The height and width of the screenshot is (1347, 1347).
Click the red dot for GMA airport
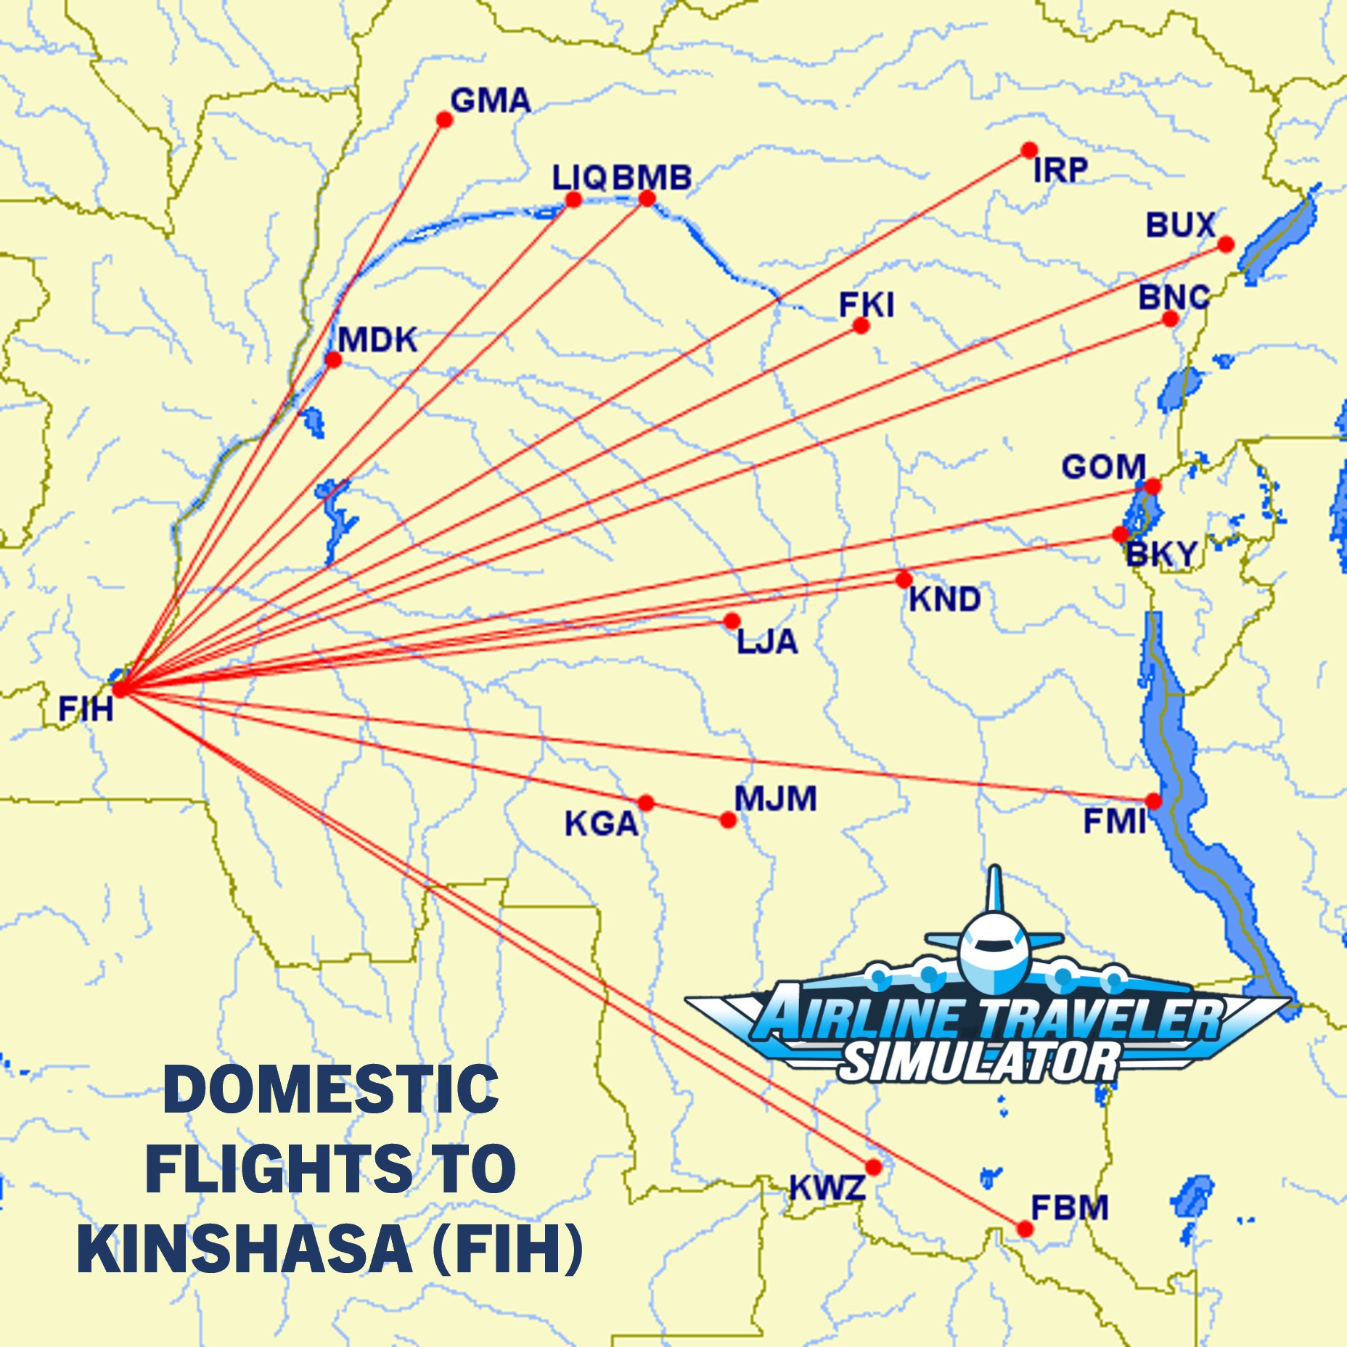coord(444,120)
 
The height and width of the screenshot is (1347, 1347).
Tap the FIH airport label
coord(86,708)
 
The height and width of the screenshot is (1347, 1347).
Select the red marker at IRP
coord(1028,150)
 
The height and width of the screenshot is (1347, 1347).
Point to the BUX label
coord(1179,225)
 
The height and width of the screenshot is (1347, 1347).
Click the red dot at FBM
coord(1024,1229)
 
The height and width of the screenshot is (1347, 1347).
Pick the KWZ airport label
coord(827,1188)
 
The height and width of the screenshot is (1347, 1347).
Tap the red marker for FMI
coord(1153,801)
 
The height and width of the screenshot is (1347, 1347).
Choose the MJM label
coord(775,798)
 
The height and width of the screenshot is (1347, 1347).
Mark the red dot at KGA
coord(645,803)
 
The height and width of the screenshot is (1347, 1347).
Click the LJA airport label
coord(767,642)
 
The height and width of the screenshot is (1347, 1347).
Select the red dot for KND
coord(904,579)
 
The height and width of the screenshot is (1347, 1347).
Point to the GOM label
coord(1103,467)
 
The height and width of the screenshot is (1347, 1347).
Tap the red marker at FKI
coord(861,326)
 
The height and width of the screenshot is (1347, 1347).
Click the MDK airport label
coord(377,340)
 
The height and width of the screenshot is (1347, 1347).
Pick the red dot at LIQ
coord(573,200)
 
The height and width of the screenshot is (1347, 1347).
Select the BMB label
coord(652,178)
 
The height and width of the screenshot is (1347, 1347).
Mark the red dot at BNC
coord(1170,319)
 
